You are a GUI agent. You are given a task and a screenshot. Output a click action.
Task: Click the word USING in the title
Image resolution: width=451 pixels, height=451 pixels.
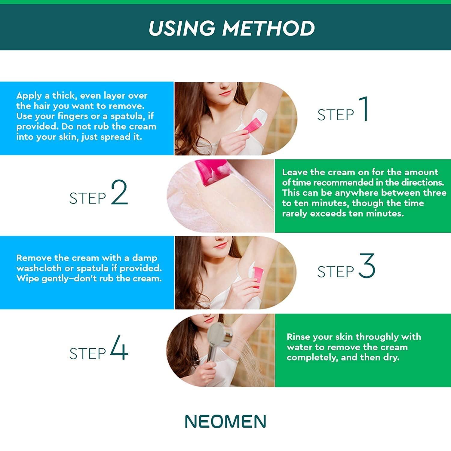coord(182,28)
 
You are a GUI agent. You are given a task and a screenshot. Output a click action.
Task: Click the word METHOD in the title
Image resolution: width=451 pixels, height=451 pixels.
coord(268,28)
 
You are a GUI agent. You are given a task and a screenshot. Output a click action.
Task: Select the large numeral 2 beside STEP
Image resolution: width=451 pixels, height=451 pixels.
coord(119,192)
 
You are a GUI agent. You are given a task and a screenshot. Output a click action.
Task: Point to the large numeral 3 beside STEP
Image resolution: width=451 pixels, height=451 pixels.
coord(367,265)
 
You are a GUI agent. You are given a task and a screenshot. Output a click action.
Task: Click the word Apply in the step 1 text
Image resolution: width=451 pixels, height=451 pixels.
coord(29,96)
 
